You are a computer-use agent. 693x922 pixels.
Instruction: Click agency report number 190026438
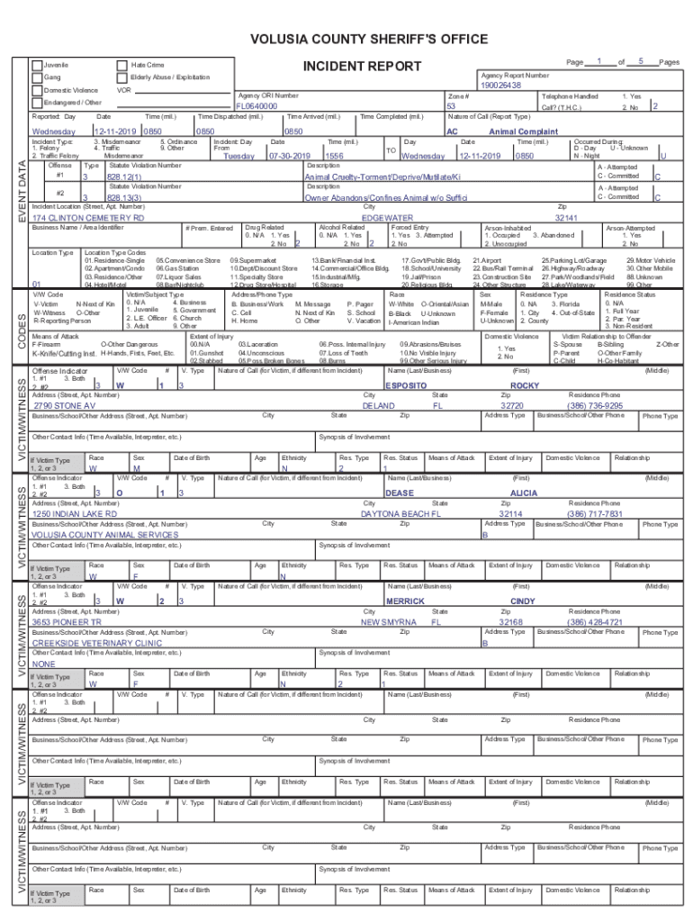coord(500,86)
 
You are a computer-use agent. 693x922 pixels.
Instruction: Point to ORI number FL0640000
coord(256,105)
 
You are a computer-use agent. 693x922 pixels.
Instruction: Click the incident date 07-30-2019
coord(289,156)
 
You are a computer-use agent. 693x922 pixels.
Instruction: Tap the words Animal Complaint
coord(523,131)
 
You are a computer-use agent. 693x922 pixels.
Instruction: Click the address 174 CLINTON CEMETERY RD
coord(88,218)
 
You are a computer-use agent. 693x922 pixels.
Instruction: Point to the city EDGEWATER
coord(387,218)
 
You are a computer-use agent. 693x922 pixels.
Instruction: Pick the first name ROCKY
coord(524,384)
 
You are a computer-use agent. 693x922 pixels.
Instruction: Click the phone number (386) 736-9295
coord(594,406)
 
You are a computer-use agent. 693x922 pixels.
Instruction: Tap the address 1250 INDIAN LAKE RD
coord(75,513)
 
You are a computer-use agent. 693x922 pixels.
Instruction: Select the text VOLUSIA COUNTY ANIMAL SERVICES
coord(105,535)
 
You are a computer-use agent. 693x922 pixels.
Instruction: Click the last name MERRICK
coord(405,601)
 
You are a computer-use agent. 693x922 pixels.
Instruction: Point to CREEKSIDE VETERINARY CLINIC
coord(96,644)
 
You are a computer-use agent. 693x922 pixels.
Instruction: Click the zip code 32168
coord(510,622)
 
